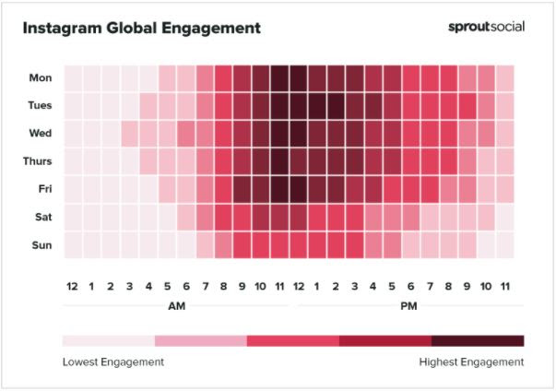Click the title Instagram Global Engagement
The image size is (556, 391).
(141, 28)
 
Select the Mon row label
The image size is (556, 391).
(39, 78)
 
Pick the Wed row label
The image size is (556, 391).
(39, 134)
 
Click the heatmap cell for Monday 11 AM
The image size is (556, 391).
(279, 78)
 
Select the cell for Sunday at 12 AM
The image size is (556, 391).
(73, 244)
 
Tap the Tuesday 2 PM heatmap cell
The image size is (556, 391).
(336, 106)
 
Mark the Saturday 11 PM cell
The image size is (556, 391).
(504, 217)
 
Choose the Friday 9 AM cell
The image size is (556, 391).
(242, 189)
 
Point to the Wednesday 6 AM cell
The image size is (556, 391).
(185, 134)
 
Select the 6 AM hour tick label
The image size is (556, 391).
(185, 286)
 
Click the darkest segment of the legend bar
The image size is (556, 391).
(478, 340)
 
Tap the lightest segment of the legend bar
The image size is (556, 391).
(109, 340)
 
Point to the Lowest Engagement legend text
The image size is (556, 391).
(113, 361)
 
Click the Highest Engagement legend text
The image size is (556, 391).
(471, 361)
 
